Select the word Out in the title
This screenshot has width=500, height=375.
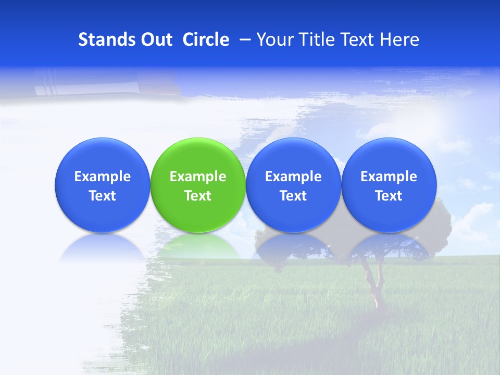click(x=155, y=40)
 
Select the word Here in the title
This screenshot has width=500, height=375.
click(x=399, y=40)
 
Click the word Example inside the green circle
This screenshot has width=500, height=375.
click(x=198, y=177)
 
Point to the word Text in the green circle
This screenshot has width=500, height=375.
click(x=198, y=196)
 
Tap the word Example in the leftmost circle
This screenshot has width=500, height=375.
click(x=102, y=177)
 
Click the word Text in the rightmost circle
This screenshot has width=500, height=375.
click(x=389, y=196)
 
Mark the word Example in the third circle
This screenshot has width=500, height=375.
click(x=293, y=177)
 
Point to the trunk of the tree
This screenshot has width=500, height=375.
click(x=372, y=284)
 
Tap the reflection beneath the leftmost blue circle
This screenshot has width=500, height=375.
click(x=102, y=247)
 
